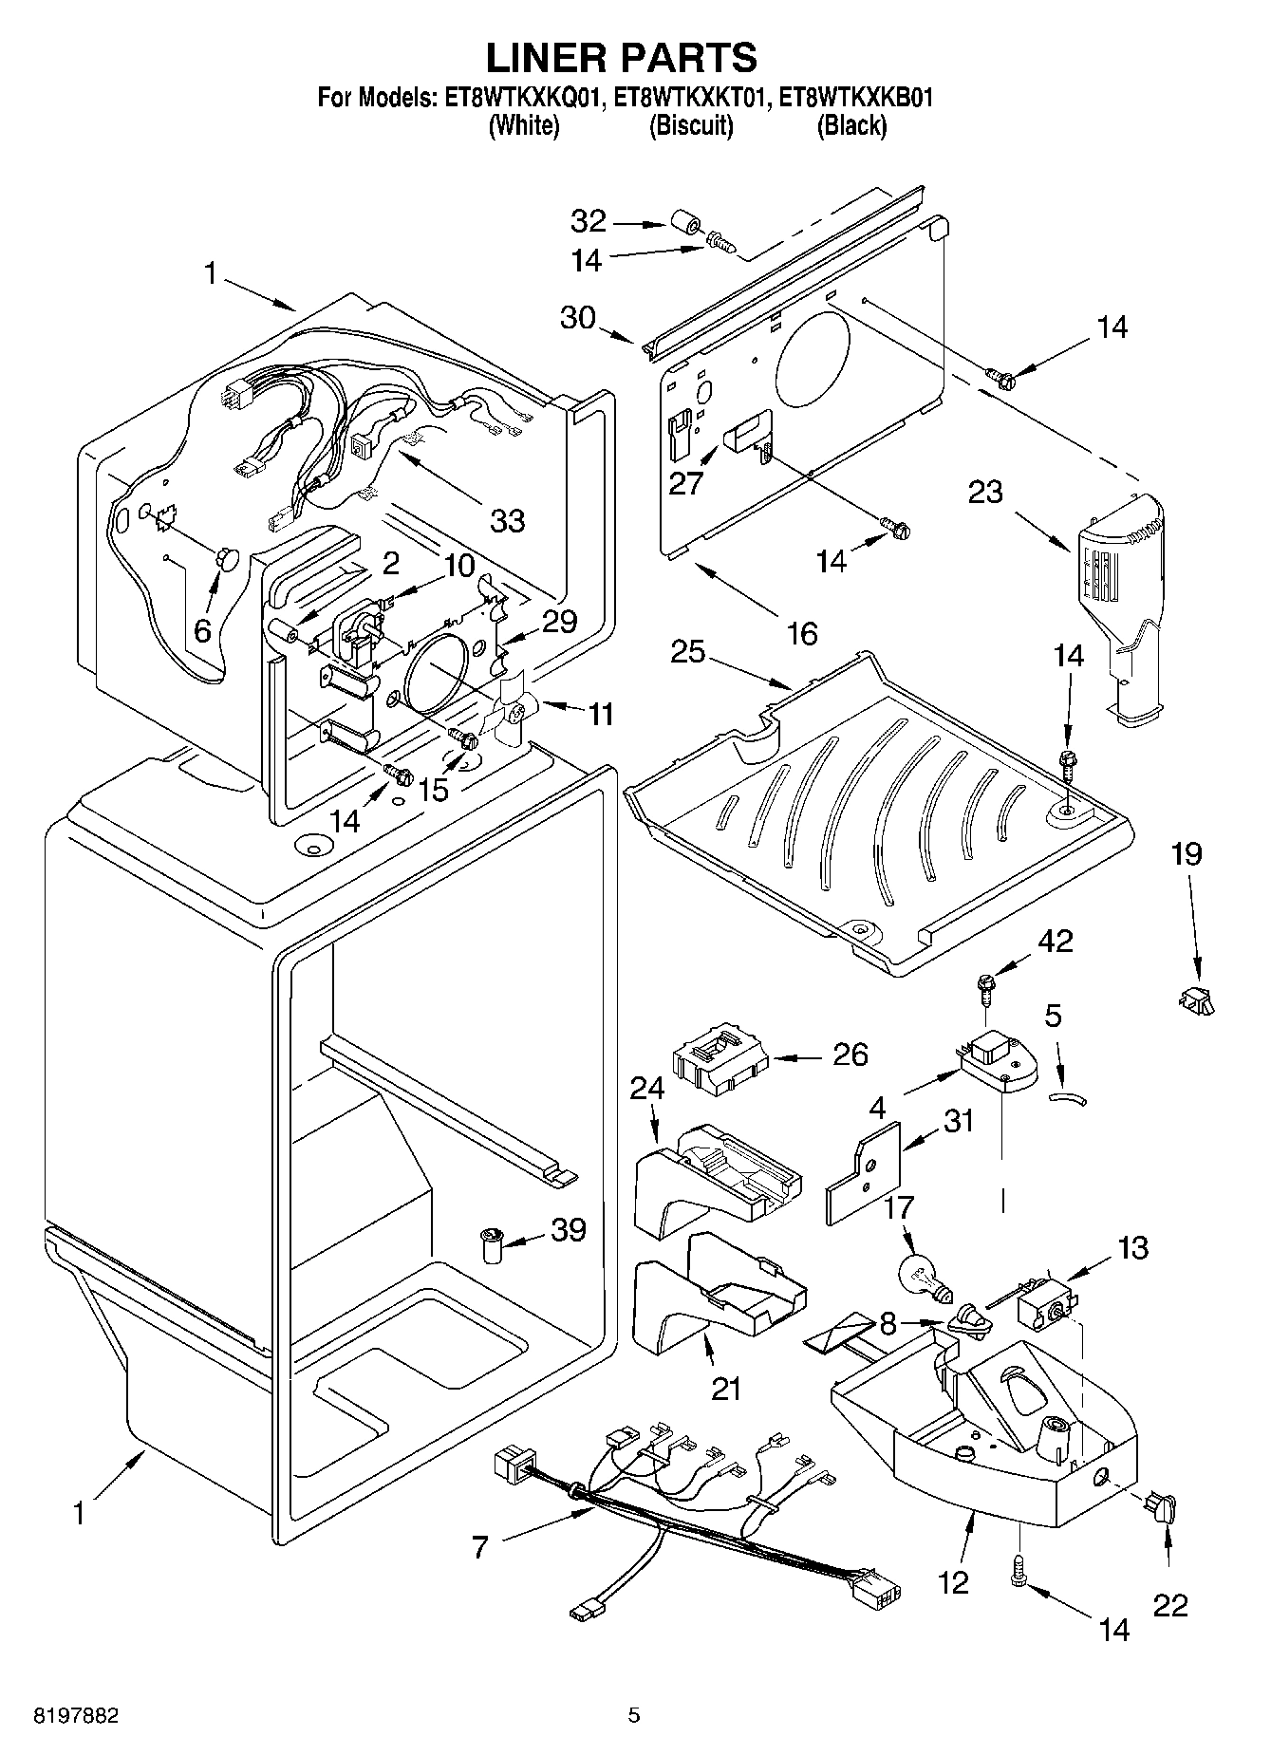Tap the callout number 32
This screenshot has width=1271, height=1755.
(x=589, y=222)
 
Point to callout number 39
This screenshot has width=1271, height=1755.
(x=569, y=1230)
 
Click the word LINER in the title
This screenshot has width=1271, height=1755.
(x=552, y=57)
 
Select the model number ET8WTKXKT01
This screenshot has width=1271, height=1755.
(x=688, y=98)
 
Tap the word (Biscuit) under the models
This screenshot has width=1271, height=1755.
(x=691, y=125)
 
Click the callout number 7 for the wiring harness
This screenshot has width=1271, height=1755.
(x=480, y=1548)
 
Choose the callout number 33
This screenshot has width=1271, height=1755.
(x=508, y=520)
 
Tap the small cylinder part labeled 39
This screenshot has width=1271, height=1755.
(x=491, y=1244)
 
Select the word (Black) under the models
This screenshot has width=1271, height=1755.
(x=852, y=125)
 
